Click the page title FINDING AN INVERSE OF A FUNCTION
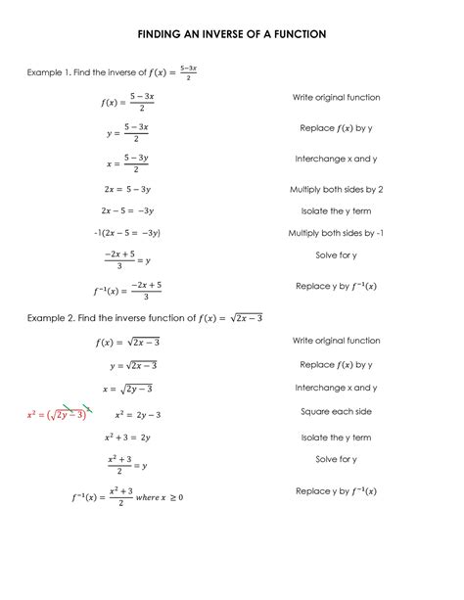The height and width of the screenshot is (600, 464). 231,34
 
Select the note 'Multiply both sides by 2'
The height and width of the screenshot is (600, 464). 336,189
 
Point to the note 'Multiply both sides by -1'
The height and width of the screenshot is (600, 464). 336,234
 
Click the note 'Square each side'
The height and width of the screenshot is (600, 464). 336,412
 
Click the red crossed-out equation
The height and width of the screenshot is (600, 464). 58,414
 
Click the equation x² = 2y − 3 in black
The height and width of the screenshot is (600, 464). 137,414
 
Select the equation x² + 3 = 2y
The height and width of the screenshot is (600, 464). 124,437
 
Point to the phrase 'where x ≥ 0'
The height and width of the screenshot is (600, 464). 162,497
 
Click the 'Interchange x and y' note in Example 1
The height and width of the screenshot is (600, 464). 336,159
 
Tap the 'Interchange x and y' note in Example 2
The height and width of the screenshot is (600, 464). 336,388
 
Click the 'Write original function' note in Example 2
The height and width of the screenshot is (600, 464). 336,340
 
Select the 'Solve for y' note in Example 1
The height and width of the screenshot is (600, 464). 336,256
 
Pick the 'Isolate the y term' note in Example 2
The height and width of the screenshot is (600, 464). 336,437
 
